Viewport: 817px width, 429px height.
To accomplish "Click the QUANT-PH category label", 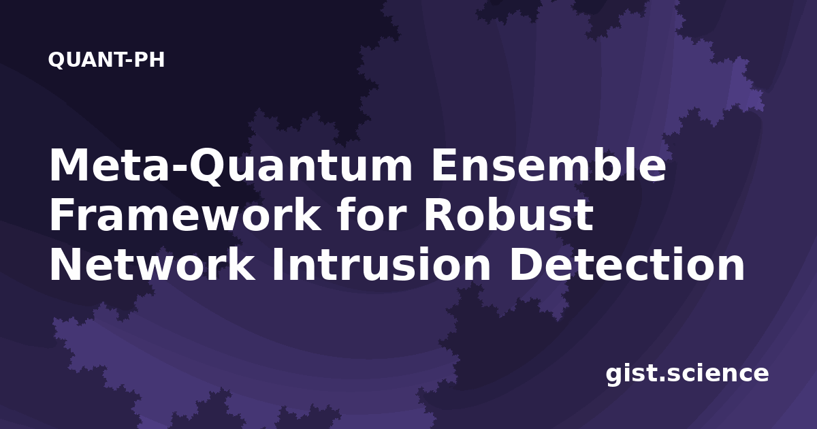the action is click(x=106, y=60).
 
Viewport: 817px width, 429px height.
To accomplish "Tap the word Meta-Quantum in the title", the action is click(x=231, y=166).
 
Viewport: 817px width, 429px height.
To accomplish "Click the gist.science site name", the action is click(x=687, y=374).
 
